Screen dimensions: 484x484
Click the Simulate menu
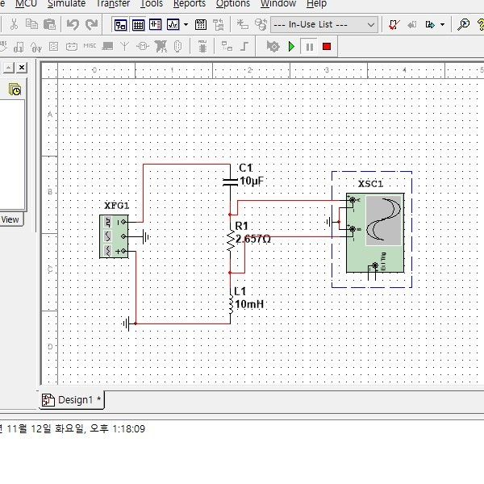tap(66, 3)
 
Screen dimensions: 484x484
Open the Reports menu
tap(189, 3)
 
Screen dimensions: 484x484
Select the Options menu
tap(232, 3)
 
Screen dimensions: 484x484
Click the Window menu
tap(277, 3)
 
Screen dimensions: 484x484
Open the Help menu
tap(316, 3)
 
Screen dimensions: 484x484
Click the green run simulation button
tap(291, 47)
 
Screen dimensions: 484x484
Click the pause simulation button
tap(309, 47)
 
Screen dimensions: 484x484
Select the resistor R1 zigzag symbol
tap(230, 239)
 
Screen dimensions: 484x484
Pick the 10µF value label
tap(252, 181)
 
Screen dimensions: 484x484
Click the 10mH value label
tap(249, 305)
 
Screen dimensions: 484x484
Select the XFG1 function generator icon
tap(114, 236)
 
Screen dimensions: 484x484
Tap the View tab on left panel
tap(10, 219)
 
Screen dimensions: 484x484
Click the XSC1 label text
tap(370, 184)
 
